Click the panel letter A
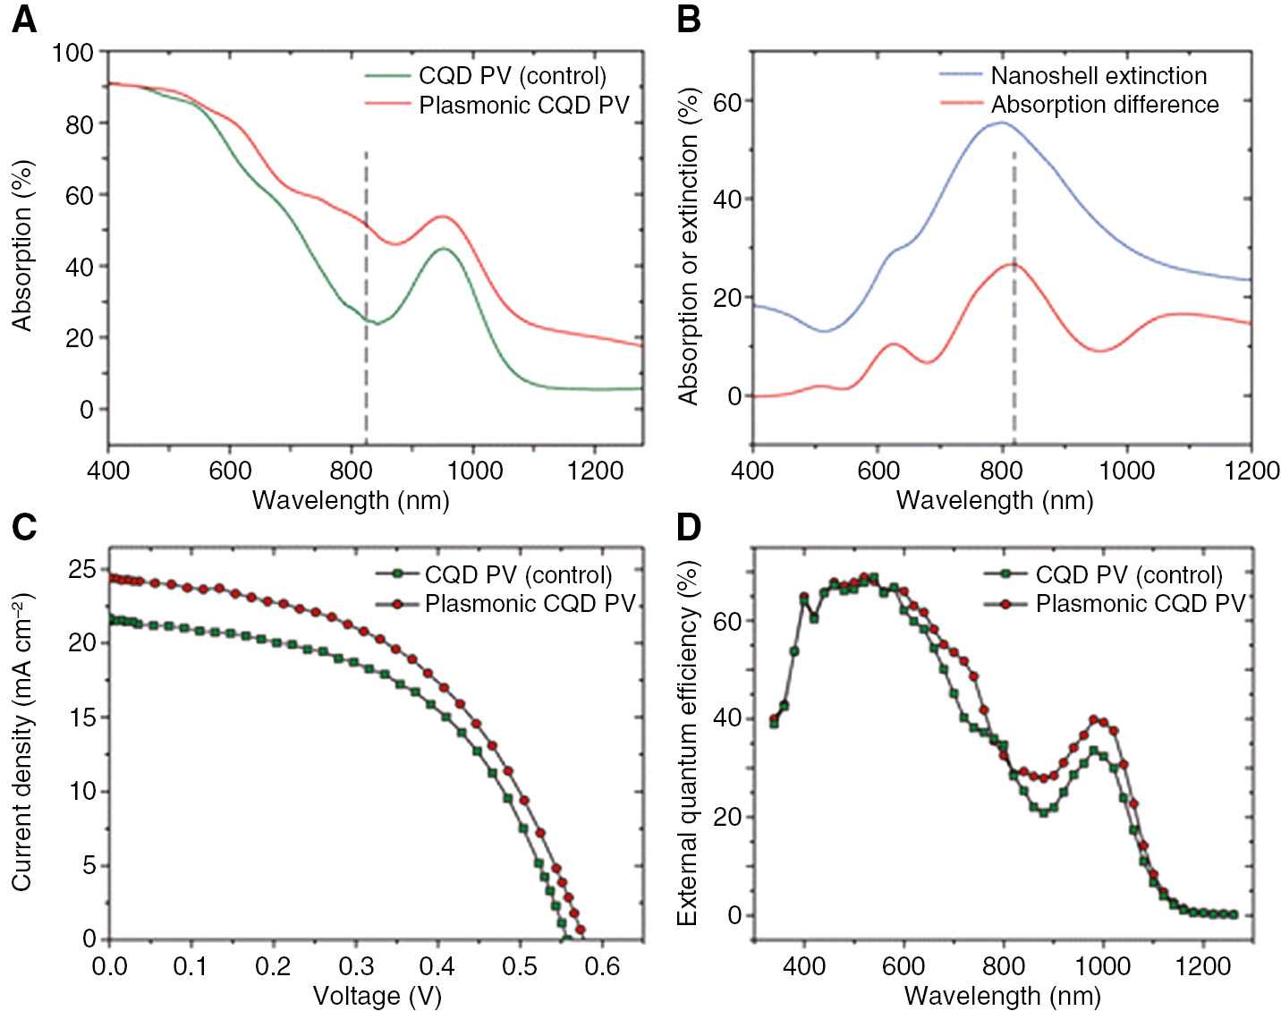(23, 19)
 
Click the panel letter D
(688, 527)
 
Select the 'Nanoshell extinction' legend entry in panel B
(1099, 76)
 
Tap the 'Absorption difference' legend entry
(1105, 105)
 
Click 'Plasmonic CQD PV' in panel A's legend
(524, 106)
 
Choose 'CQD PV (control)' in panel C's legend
(518, 574)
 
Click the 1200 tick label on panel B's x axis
(1251, 471)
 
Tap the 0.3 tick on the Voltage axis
(356, 966)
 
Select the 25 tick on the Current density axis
(82, 569)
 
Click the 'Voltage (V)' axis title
(377, 996)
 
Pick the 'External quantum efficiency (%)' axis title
(687, 743)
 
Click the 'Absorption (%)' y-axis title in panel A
(21, 246)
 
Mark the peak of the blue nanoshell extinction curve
(999, 123)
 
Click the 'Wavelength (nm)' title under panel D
(1002, 996)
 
